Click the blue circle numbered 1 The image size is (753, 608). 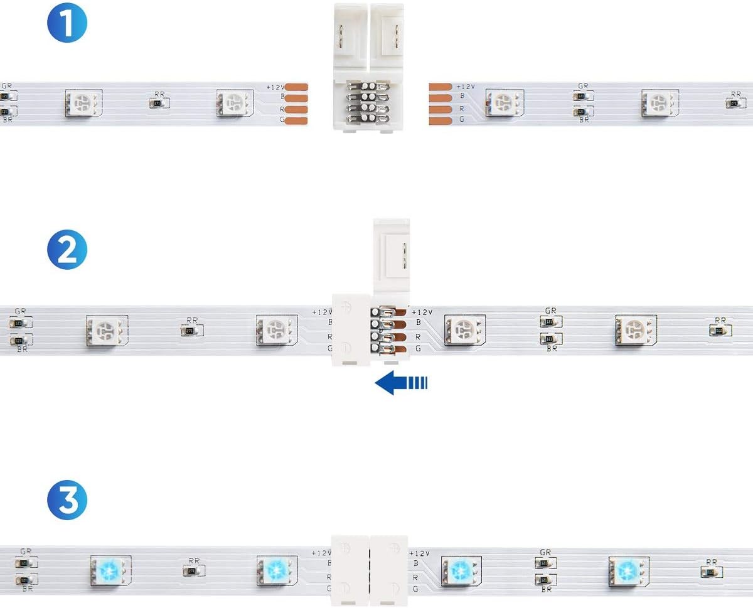click(x=67, y=24)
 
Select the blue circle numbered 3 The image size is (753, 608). click(x=67, y=499)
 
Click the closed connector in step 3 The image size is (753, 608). click(x=370, y=570)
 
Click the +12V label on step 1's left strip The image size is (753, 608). click(x=275, y=87)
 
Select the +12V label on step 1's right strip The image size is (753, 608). click(x=466, y=87)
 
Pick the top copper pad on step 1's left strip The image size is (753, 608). click(x=296, y=87)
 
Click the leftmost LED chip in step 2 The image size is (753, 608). click(x=107, y=329)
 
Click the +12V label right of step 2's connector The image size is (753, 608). click(x=422, y=312)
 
